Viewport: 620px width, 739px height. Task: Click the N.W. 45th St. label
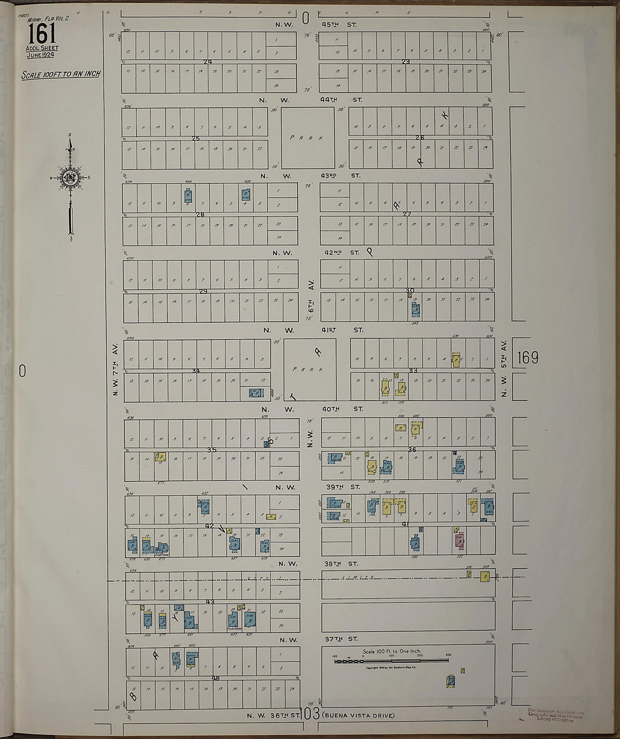point(316,25)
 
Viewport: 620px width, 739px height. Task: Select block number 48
point(215,679)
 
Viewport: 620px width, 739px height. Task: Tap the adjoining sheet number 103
point(310,714)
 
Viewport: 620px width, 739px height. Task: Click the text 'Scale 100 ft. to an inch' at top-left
point(60,74)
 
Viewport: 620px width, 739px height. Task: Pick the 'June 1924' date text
point(42,55)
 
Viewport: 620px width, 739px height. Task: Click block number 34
point(196,371)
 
